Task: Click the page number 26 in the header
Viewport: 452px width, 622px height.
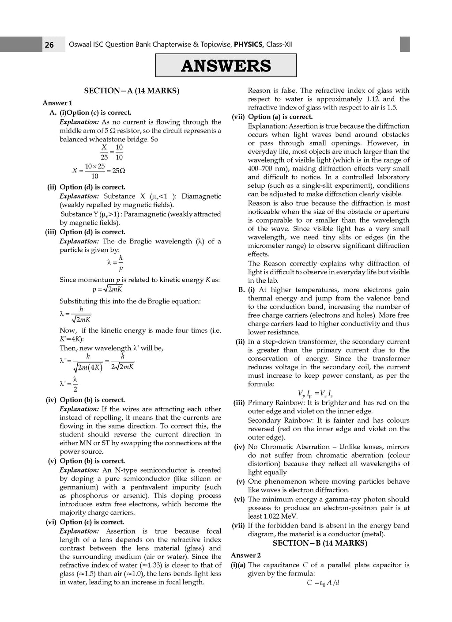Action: [49, 45]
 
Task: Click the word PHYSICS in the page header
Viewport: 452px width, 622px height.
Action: [249, 44]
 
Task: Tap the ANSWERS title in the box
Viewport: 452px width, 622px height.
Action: [226, 66]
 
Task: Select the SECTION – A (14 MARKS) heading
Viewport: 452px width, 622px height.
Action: [132, 91]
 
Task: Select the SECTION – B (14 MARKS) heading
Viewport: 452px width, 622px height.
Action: [320, 543]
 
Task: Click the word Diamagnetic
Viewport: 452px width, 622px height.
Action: [201, 196]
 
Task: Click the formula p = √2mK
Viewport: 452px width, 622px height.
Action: [107, 289]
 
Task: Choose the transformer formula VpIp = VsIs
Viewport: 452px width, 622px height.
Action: [315, 394]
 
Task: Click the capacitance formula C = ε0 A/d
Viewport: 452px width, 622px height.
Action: [323, 583]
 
